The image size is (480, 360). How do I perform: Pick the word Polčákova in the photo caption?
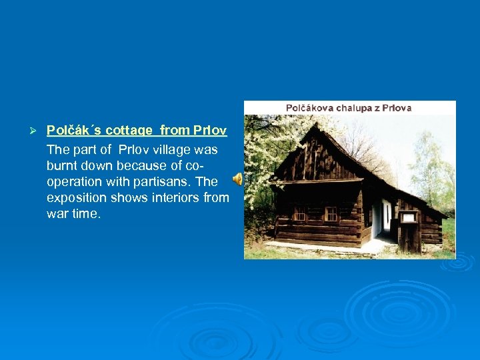311,107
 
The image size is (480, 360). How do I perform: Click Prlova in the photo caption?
396,107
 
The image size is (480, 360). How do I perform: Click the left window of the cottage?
301,213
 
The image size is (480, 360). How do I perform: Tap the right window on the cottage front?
331,213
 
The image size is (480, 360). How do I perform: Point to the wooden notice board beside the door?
408,217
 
